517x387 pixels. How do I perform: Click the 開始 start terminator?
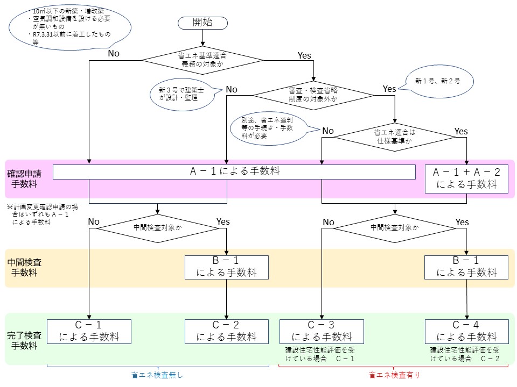tap(202, 22)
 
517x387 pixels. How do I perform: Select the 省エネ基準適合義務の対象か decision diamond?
tap(203, 60)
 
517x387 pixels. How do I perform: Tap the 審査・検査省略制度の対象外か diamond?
tap(313, 96)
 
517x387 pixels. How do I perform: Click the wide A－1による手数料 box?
tap(234, 171)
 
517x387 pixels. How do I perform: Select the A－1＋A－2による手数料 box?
tap(466, 178)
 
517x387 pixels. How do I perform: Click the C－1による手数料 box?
tap(89, 331)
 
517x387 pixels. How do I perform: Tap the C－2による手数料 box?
tap(226, 331)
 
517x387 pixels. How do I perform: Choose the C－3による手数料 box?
tap(322, 331)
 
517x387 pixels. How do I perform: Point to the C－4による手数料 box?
tap(466, 331)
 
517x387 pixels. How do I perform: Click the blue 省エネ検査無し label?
tap(157, 376)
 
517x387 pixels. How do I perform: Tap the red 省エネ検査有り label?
tap(394, 376)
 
